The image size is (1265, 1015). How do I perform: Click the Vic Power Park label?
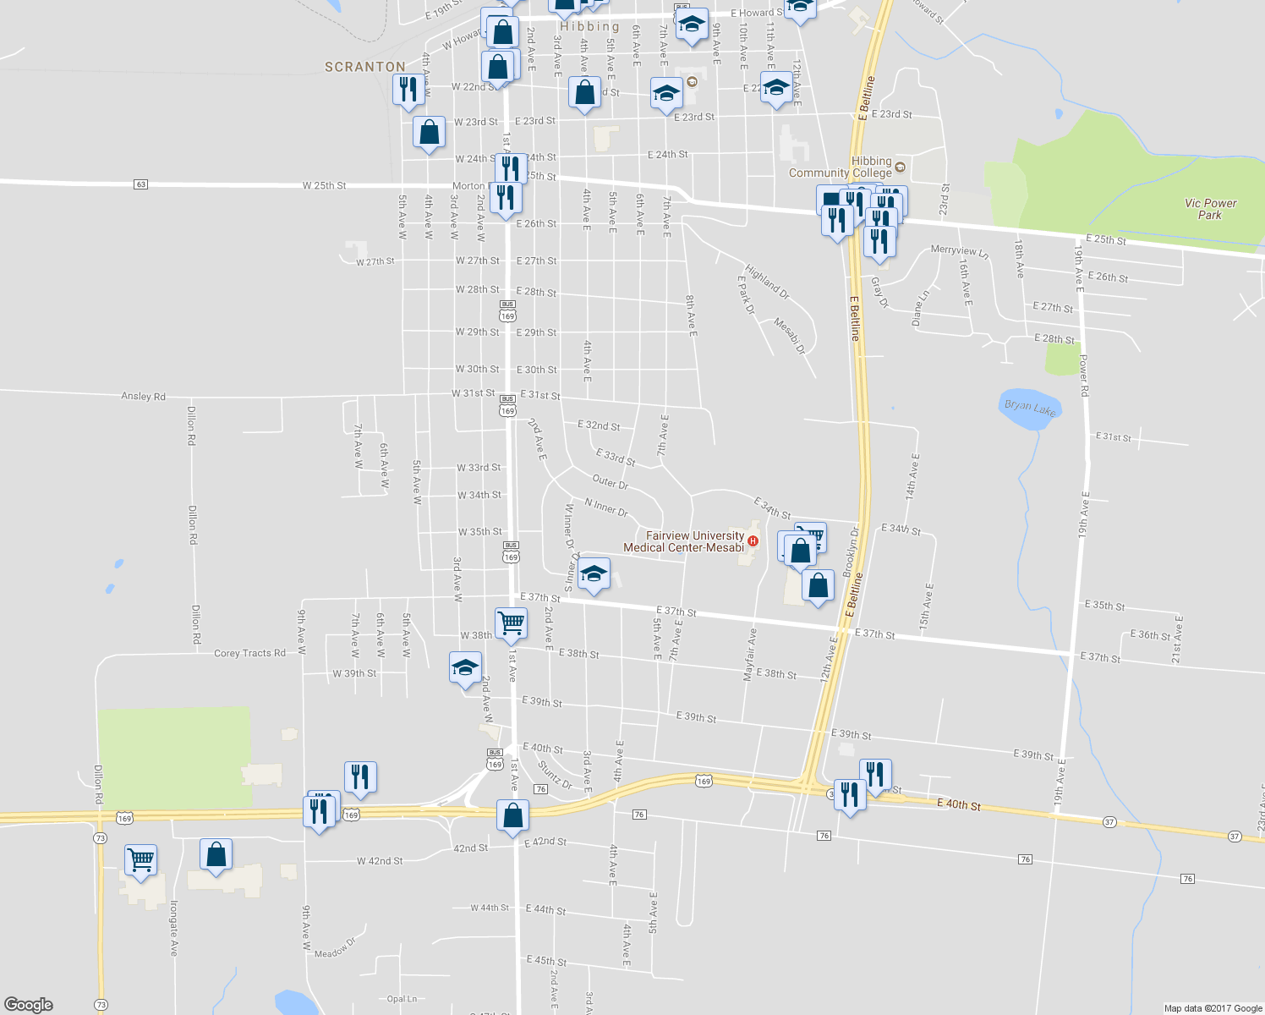pos(1210,209)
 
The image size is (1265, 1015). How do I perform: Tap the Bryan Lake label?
pos(1030,409)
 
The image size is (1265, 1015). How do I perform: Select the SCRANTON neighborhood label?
pos(365,67)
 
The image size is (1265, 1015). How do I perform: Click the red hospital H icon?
pos(753,541)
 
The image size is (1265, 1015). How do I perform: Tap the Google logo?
pos(28,1004)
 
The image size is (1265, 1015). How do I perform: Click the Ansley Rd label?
pos(143,396)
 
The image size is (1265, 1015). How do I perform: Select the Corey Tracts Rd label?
pos(249,653)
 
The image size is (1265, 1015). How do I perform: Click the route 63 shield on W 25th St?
pos(140,184)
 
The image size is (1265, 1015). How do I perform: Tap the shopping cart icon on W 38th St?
pos(511,623)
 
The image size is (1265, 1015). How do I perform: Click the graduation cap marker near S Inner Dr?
pos(594,575)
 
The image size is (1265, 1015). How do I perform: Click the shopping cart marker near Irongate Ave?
pos(140,860)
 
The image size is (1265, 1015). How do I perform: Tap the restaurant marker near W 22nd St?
pos(408,89)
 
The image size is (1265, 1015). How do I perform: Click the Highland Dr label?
pos(767,283)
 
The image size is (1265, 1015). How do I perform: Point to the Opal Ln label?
pos(402,999)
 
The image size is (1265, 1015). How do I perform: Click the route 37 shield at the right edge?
pos(1235,837)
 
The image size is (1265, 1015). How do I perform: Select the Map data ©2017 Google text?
pos(1213,1008)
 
